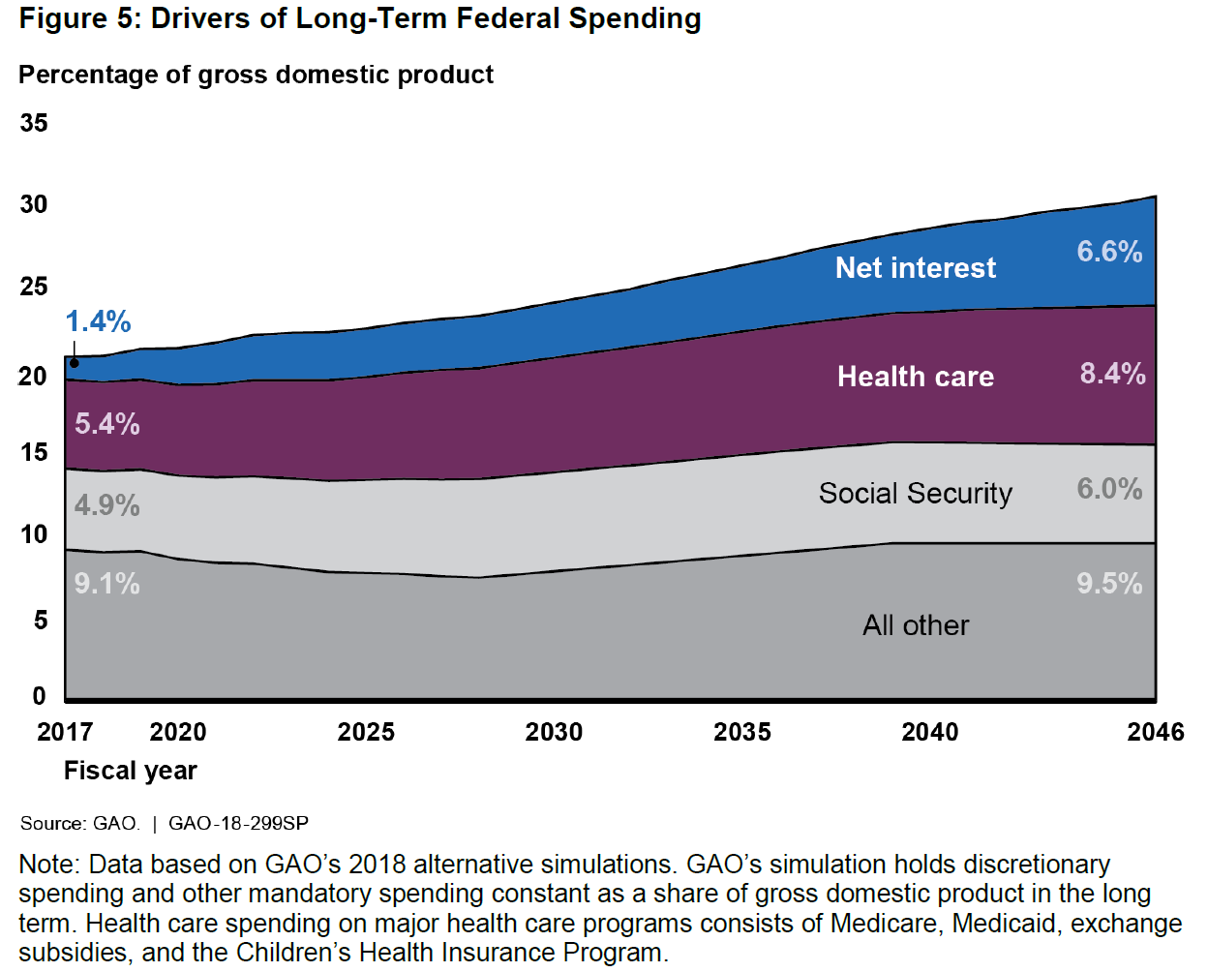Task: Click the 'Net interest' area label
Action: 915,268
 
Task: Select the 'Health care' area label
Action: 915,377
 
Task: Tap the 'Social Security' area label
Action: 915,494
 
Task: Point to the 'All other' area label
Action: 915,625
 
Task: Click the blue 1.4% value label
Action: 98,321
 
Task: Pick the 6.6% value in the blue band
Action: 1109,252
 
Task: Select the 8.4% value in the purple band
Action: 1112,374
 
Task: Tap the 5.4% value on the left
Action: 106,424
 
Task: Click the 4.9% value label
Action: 106,505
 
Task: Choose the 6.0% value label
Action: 1109,489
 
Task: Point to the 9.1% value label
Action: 106,584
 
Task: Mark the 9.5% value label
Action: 1109,584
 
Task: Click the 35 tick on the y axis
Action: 34,123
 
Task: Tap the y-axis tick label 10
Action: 34,534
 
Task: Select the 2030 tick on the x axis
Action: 554,732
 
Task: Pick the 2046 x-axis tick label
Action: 1155,732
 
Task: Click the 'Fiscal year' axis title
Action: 130,771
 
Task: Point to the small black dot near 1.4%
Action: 75,363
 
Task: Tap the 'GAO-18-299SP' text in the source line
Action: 238,824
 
